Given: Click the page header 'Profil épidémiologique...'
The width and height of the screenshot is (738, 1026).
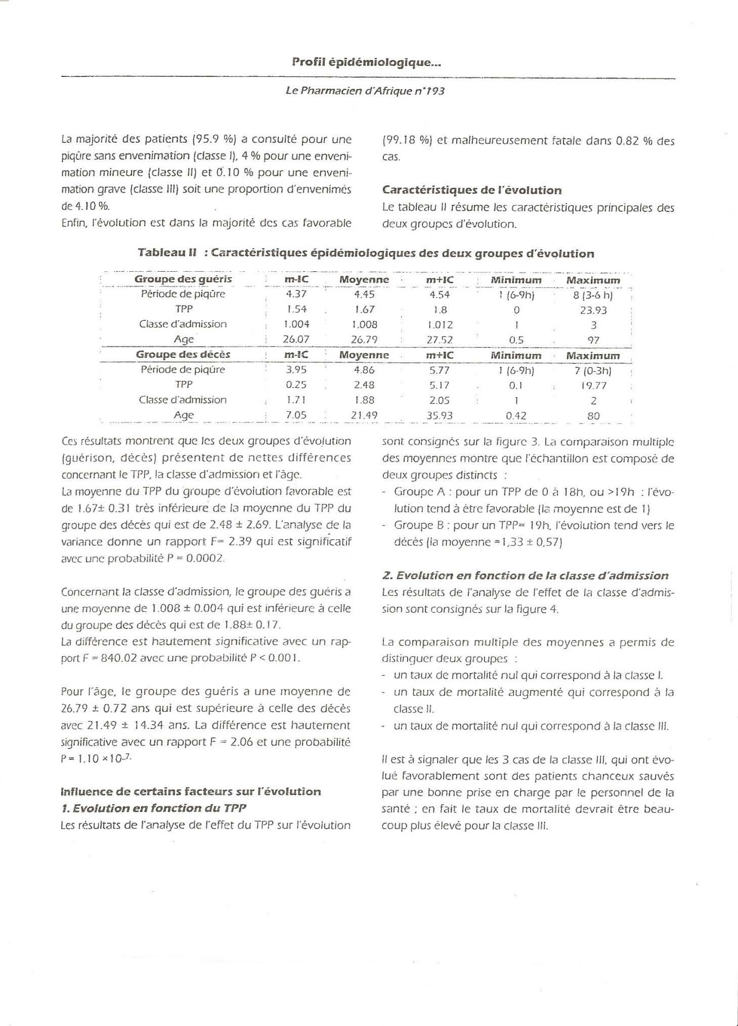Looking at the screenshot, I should point(367,63).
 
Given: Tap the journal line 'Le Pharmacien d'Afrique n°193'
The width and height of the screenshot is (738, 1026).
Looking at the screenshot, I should point(365,92).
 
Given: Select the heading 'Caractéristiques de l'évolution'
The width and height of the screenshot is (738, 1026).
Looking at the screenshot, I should point(471,190).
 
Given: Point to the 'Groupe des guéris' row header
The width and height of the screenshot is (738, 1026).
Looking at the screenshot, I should point(183,279).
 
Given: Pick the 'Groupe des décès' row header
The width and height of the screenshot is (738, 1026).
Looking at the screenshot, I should point(183,355).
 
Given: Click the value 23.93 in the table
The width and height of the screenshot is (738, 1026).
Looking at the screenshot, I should point(593,310).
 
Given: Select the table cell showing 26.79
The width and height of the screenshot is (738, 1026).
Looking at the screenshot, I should point(364,340).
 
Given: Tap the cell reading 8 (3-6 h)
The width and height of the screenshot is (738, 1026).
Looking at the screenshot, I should point(593,294).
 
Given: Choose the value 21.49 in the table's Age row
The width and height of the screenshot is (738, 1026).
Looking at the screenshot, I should point(364,416).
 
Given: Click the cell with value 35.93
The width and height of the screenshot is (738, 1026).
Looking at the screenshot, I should point(440,416).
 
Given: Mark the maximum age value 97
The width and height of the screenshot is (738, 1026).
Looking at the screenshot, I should point(593,340).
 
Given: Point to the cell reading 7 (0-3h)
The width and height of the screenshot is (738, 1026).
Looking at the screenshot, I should point(593,370).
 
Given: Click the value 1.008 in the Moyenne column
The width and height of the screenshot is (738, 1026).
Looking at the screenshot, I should point(365,325).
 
